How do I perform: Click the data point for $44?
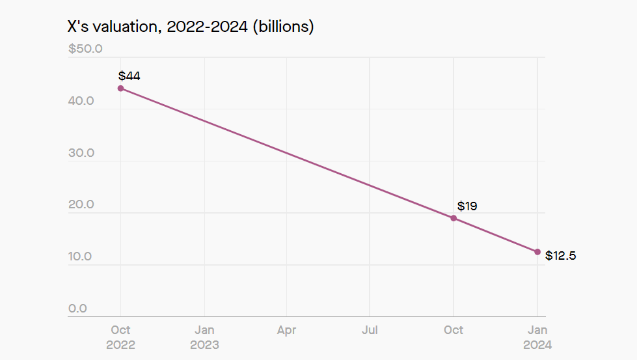pyautogui.click(x=120, y=88)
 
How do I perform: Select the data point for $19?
pyautogui.click(x=454, y=218)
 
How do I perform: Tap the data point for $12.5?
pyautogui.click(x=537, y=252)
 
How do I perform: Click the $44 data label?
pyautogui.click(x=129, y=76)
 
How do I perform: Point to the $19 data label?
pyautogui.click(x=467, y=206)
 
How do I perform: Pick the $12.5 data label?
pyautogui.click(x=560, y=256)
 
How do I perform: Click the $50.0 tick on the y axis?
pyautogui.click(x=85, y=49)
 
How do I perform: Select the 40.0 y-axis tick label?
pyautogui.click(x=81, y=101)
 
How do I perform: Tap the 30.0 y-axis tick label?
pyautogui.click(x=81, y=153)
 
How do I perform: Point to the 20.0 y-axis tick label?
pyautogui.click(x=81, y=204)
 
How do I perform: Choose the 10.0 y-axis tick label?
pyautogui.click(x=81, y=256)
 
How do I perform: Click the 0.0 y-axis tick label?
pyautogui.click(x=77, y=309)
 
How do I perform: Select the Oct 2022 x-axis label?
pyautogui.click(x=120, y=337)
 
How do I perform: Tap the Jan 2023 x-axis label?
pyautogui.click(x=204, y=337)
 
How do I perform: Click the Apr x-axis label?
pyautogui.click(x=286, y=330)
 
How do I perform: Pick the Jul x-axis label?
pyautogui.click(x=370, y=330)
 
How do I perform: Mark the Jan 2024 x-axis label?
pyautogui.click(x=537, y=337)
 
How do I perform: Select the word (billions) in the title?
pyautogui.click(x=283, y=27)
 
